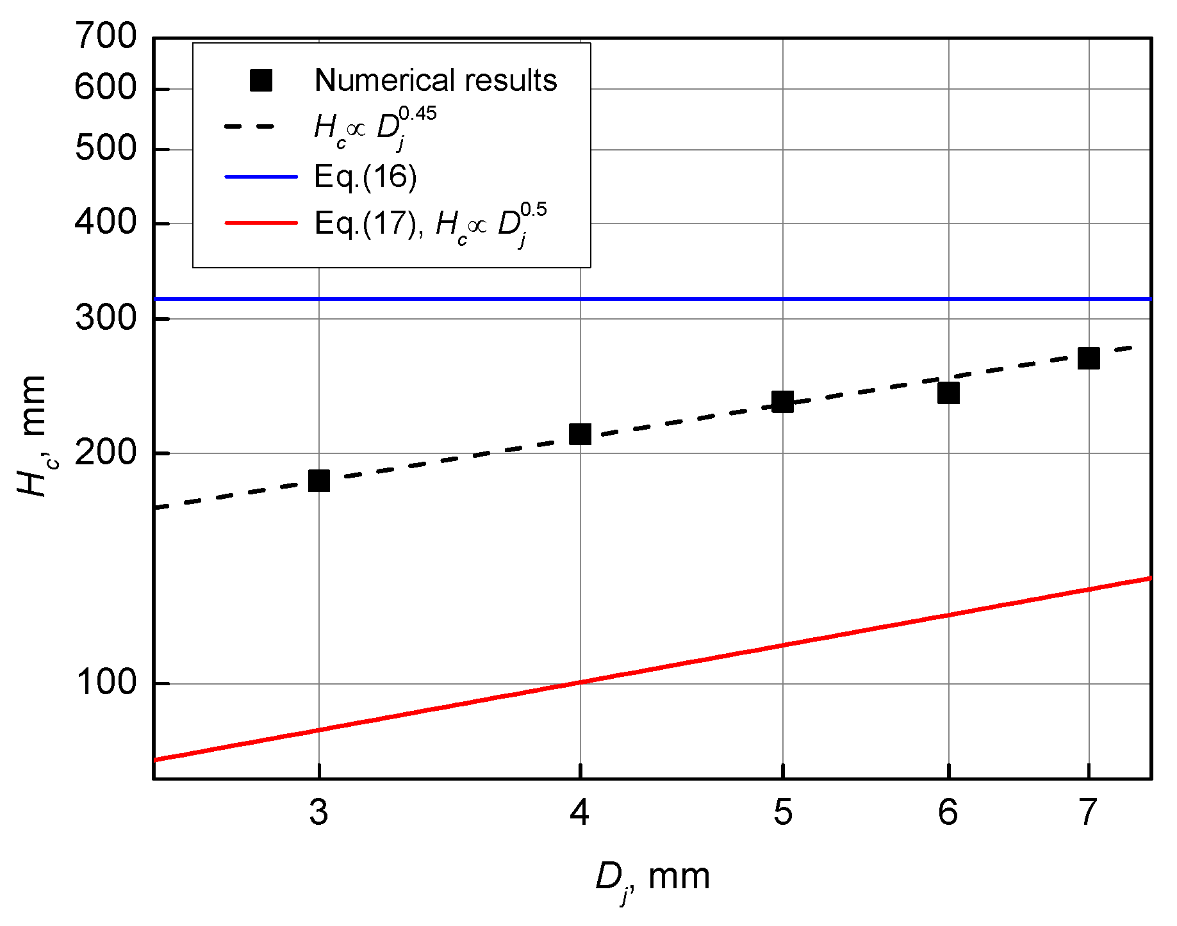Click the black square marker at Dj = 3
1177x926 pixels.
(318, 480)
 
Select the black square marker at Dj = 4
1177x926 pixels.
(580, 434)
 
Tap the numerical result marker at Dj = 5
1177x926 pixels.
(782, 402)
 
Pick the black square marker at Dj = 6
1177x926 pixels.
(948, 393)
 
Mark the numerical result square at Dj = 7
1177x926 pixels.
(1089, 358)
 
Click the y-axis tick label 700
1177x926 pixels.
(106, 36)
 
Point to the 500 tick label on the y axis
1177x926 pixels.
(106, 149)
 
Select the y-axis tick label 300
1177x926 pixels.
(106, 318)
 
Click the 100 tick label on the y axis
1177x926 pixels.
(106, 683)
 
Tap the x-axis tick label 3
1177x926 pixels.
(318, 813)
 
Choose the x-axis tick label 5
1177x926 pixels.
(782, 813)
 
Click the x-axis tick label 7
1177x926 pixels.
(1089, 813)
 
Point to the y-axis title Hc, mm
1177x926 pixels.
(32, 435)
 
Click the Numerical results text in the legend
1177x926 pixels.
(436, 81)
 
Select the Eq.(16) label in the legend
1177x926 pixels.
(365, 176)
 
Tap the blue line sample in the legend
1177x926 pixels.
(261, 176)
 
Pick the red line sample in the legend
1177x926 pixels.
(261, 223)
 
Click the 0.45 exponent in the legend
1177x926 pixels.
(417, 114)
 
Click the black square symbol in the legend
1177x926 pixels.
(261, 81)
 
